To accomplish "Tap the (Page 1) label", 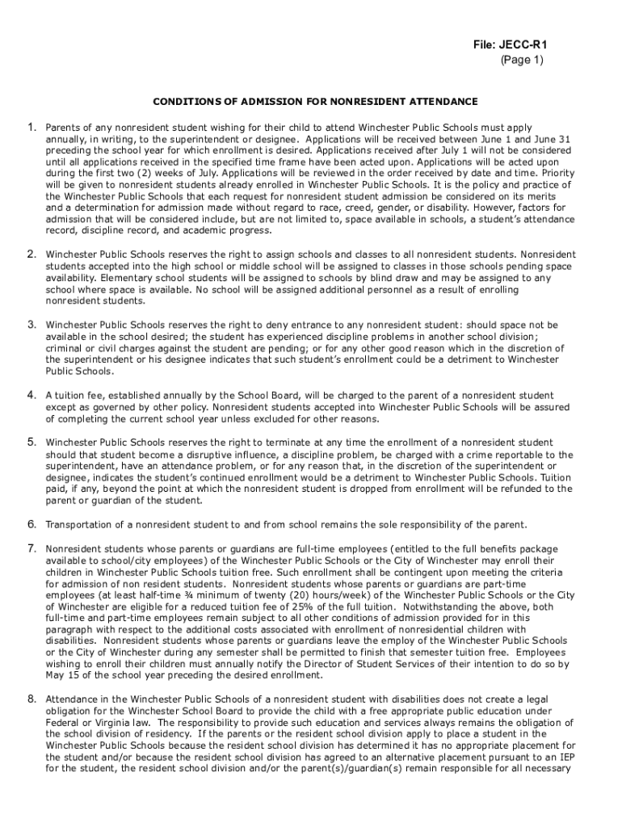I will tap(521, 60).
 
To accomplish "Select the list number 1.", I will tap(32, 127).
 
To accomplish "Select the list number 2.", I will tap(32, 254).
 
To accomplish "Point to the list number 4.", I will tap(32, 395).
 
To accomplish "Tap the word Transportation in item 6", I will tap(78, 524).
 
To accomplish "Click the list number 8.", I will tap(32, 699).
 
